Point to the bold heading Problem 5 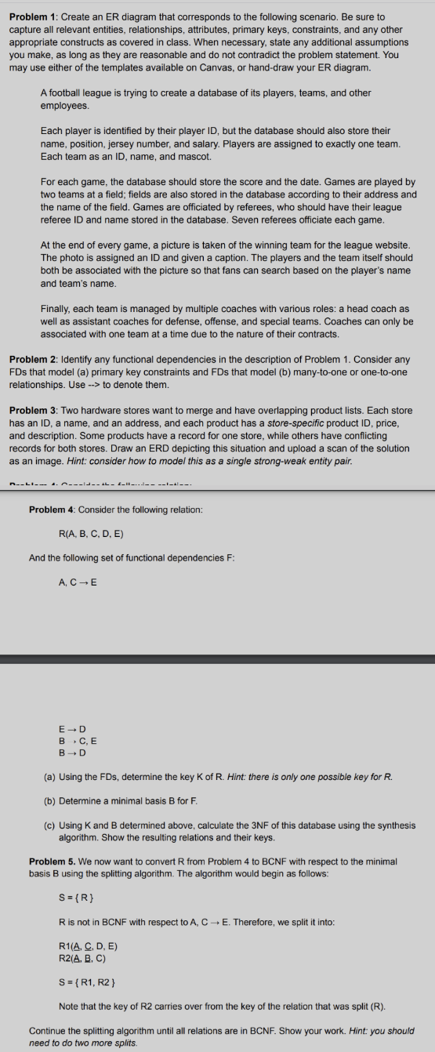pos(51,862)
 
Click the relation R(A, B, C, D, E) pos(92,534)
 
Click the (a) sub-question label pos(49,777)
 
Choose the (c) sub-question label pos(49,825)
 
